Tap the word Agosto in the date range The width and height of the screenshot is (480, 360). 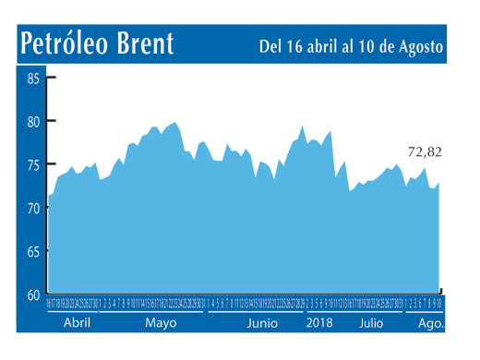tap(417, 46)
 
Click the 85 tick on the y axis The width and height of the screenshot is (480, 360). tap(33, 78)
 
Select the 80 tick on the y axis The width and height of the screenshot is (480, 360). tap(33, 122)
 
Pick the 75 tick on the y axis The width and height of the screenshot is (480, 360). tap(33, 165)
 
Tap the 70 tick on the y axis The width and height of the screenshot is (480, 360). tap(33, 209)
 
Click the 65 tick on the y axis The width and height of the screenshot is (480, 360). tap(33, 251)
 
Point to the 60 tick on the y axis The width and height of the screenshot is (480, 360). tap(33, 294)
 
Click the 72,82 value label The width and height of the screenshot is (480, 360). tap(425, 151)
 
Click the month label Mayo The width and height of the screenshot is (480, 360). tap(161, 324)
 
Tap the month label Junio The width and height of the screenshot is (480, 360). tap(262, 324)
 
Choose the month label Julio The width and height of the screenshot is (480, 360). tap(370, 324)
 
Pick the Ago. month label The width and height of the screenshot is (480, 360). tap(431, 324)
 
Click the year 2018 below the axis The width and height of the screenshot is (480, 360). tap(320, 324)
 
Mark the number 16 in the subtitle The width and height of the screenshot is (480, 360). tap(293, 45)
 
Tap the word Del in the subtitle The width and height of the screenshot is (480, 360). tap(270, 45)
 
